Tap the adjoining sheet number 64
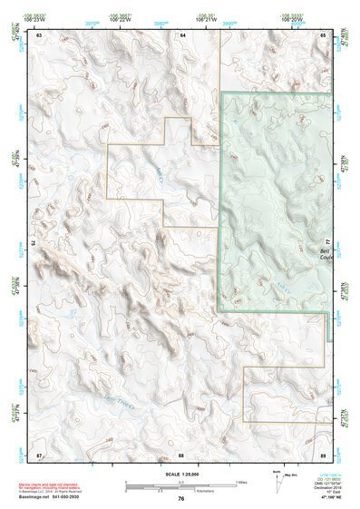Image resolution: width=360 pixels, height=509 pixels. [182, 34]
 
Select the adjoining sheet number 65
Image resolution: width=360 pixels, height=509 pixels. [323, 34]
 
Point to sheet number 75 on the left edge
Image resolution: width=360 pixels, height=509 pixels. [34, 242]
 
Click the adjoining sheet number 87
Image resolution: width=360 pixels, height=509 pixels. [39, 453]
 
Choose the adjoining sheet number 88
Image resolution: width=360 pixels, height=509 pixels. [181, 453]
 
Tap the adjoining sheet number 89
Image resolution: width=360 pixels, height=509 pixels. [323, 453]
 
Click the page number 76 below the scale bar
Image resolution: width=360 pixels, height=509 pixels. [181, 499]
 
